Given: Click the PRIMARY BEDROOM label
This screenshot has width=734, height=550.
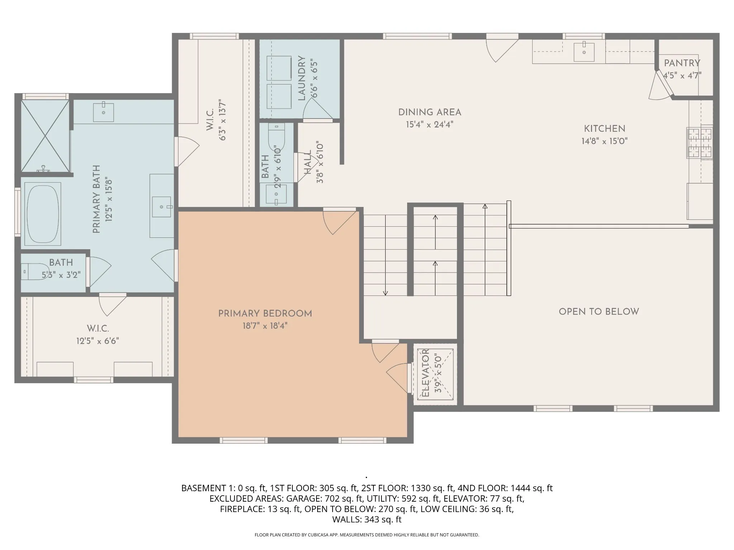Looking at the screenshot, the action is [265, 314].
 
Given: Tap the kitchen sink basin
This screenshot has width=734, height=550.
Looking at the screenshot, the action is [584, 52].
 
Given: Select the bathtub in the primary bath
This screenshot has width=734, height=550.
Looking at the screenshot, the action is [43, 214].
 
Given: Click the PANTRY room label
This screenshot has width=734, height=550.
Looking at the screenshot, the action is [682, 63].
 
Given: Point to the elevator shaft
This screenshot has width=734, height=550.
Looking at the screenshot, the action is [435, 374].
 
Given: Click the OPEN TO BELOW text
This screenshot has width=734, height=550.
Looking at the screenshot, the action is [599, 312].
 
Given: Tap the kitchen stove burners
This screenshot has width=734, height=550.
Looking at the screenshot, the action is [699, 143].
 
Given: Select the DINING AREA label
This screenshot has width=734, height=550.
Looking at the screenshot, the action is [430, 112].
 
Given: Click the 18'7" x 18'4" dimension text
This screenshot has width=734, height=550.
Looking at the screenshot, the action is [265, 326].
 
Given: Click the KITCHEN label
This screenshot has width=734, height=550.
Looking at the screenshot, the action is [605, 129].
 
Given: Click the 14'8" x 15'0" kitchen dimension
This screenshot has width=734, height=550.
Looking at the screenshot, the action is [605, 141].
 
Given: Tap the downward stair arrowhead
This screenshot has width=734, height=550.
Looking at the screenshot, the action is [385, 293].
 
